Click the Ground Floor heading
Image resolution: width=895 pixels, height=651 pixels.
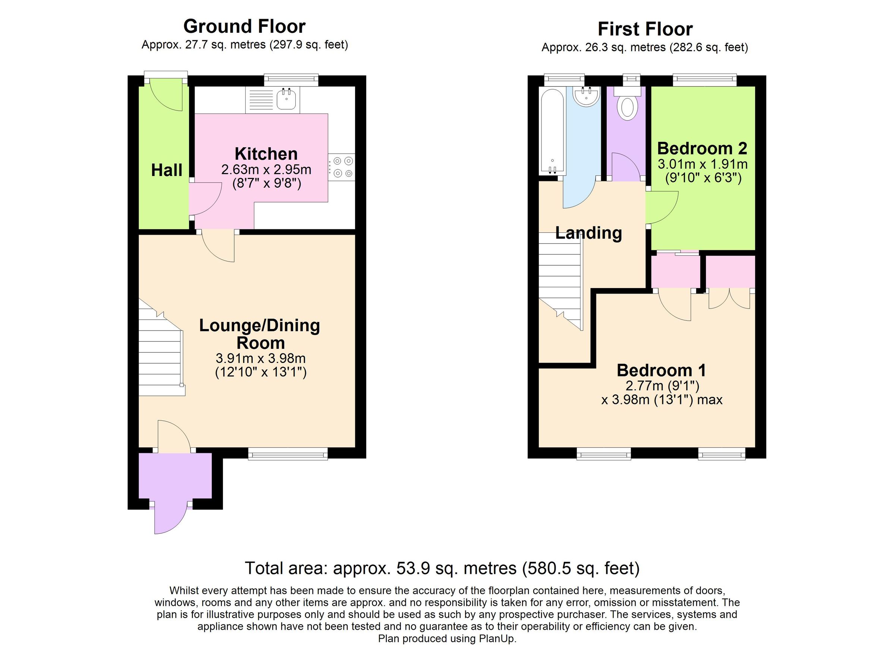click(244, 26)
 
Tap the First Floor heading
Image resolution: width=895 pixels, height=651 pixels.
click(645, 29)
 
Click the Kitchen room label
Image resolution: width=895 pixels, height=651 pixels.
click(266, 154)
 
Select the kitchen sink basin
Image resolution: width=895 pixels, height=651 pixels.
click(286, 100)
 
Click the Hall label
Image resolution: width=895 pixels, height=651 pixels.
click(167, 170)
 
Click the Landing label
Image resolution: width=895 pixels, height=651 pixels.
click(588, 233)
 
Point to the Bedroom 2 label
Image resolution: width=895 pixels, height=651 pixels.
click(702, 148)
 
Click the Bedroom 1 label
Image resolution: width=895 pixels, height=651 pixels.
click(661, 370)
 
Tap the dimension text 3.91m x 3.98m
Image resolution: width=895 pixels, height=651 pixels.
click(260, 359)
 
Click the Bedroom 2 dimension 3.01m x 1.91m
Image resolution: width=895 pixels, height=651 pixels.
click(703, 164)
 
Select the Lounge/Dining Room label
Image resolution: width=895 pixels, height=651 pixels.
click(260, 334)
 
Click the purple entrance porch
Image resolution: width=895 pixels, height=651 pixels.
click(175, 476)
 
